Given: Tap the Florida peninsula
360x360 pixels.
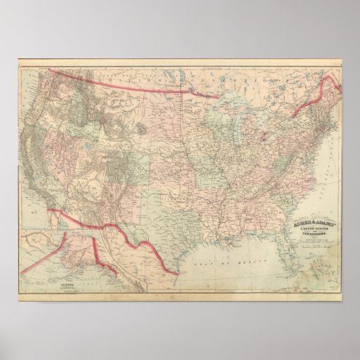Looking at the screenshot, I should click(285, 255).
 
